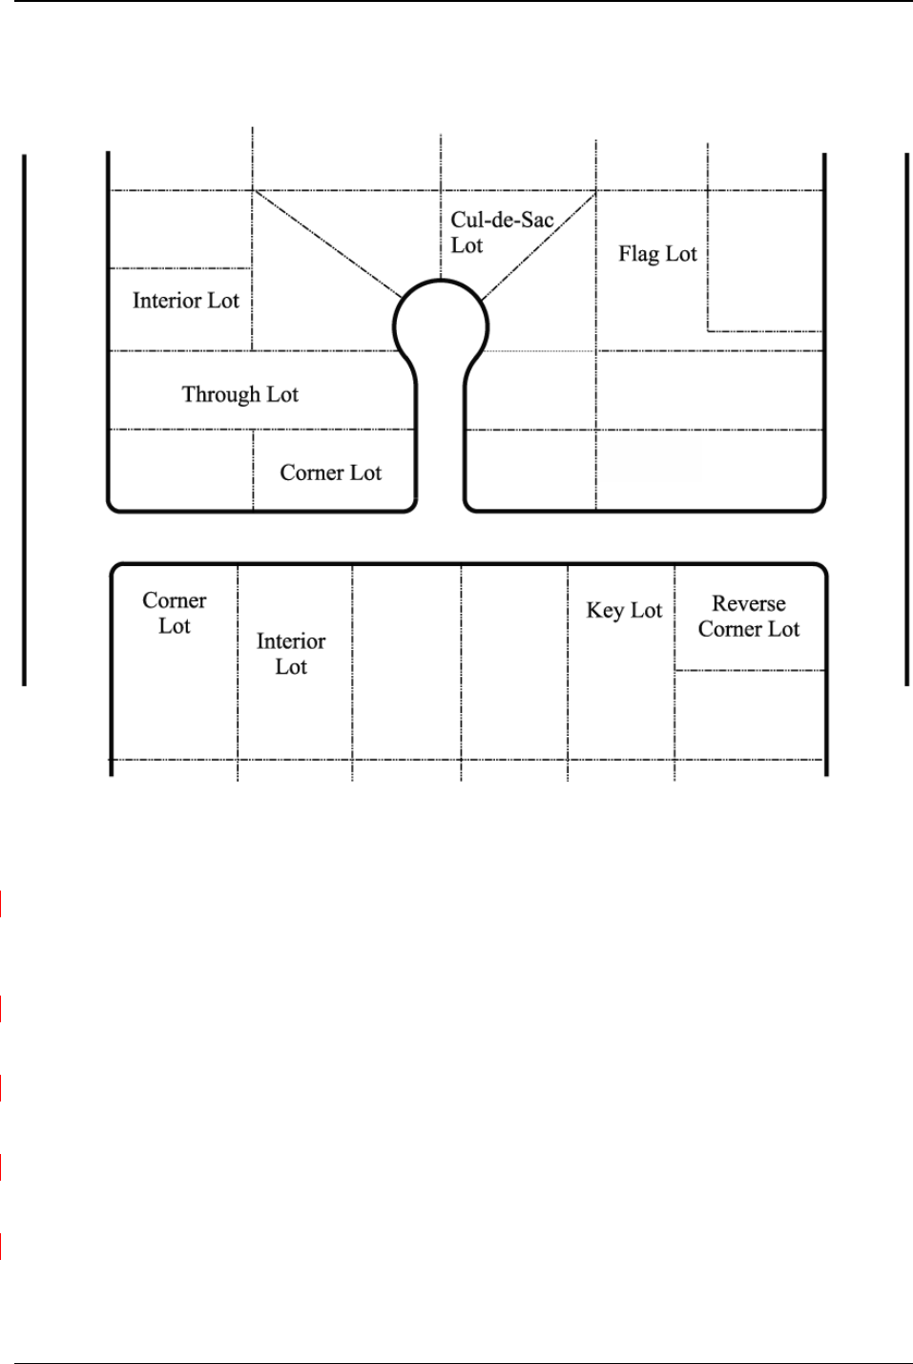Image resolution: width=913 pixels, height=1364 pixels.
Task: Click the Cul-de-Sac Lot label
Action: (501, 232)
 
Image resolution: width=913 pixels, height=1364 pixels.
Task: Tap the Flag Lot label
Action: (657, 254)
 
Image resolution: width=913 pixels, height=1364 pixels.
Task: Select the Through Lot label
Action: (239, 394)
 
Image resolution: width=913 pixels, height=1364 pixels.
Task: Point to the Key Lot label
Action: (624, 611)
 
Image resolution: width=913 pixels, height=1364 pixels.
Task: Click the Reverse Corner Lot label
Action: (749, 617)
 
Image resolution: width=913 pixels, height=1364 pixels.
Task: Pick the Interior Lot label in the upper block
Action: (185, 301)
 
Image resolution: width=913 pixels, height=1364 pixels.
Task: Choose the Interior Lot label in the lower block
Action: (291, 654)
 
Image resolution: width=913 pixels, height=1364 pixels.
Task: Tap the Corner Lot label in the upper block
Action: (330, 472)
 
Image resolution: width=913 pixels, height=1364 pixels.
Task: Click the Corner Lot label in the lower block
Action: (175, 613)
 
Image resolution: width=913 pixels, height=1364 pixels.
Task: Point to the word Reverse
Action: (749, 604)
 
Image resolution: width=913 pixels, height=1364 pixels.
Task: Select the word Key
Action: (605, 611)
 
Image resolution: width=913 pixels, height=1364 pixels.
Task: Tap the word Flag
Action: (638, 254)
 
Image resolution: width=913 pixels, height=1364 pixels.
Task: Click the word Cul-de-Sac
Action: (502, 220)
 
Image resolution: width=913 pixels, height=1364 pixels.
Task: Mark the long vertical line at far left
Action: (24, 420)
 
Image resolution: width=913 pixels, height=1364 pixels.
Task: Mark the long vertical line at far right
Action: (905, 420)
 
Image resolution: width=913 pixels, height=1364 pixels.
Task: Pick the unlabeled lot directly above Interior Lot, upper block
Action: (181, 229)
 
